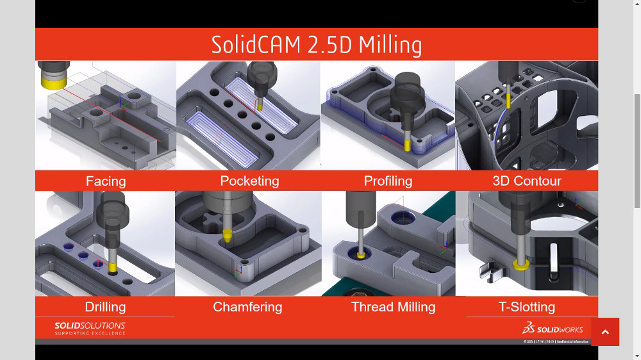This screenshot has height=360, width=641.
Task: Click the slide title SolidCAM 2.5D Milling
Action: tap(317, 45)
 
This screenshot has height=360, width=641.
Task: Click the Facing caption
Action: tap(106, 181)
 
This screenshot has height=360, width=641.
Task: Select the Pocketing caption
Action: tap(249, 181)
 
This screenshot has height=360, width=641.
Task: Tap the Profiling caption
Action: tap(388, 181)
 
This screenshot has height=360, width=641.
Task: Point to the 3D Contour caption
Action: tap(527, 181)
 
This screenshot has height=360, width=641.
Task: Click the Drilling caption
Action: tap(105, 307)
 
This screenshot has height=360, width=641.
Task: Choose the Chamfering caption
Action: tap(247, 307)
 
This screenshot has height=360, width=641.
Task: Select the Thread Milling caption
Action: tap(393, 307)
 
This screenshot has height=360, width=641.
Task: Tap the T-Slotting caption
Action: tap(527, 307)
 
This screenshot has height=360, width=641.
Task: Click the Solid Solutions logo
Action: tap(90, 329)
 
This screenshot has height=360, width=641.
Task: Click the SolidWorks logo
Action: tap(553, 329)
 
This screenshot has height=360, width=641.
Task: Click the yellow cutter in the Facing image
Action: tap(52, 79)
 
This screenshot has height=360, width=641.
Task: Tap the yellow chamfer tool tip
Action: tap(227, 235)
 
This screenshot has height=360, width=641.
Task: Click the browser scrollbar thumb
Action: tap(637, 151)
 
